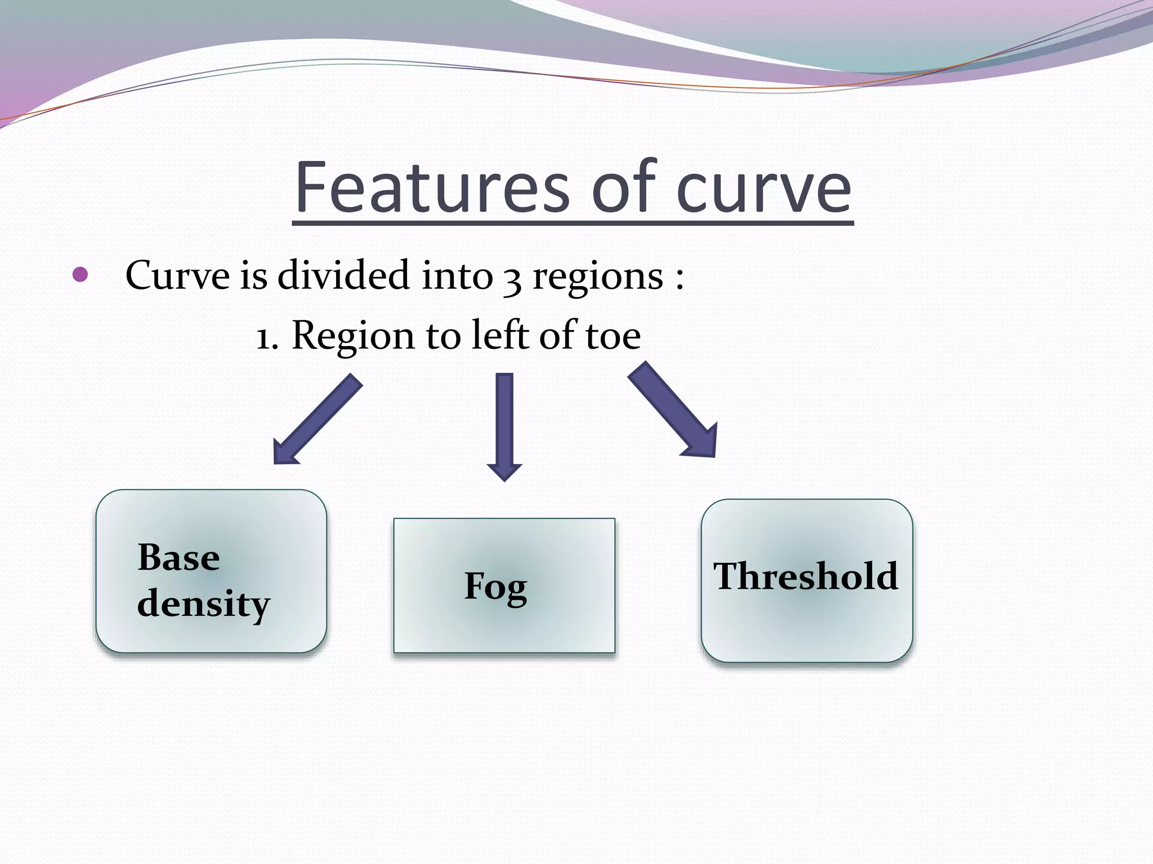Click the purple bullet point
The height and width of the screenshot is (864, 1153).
tap(81, 275)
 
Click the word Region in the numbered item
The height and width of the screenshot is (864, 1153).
tap(353, 336)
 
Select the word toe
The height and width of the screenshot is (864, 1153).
tap(613, 336)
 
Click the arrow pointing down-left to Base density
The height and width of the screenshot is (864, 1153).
tap(317, 420)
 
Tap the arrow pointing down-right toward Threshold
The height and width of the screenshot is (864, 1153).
tap(673, 409)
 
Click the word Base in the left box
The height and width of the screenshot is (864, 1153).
tap(178, 557)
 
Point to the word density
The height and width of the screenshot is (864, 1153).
tap(203, 604)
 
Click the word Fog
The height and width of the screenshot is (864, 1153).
tap(495, 586)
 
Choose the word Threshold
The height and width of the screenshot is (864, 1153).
tap(806, 576)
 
